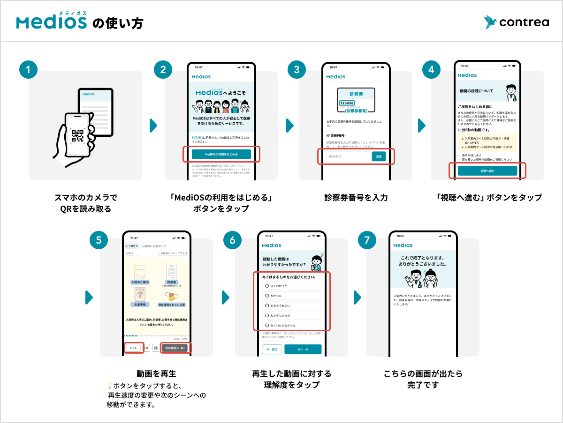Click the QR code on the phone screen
coord(77,136)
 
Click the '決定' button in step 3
coord(379,156)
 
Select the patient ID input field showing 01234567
coord(346,156)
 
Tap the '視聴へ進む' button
coord(487,171)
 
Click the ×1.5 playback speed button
coord(133,348)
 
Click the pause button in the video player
coord(156,348)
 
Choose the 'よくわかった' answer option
coord(292,285)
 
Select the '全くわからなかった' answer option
coord(292,325)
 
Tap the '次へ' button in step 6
coord(303,349)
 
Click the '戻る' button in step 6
coord(272,349)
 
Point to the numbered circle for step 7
coord(367,240)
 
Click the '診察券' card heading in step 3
coord(355,94)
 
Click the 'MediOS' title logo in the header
coord(52,22)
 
